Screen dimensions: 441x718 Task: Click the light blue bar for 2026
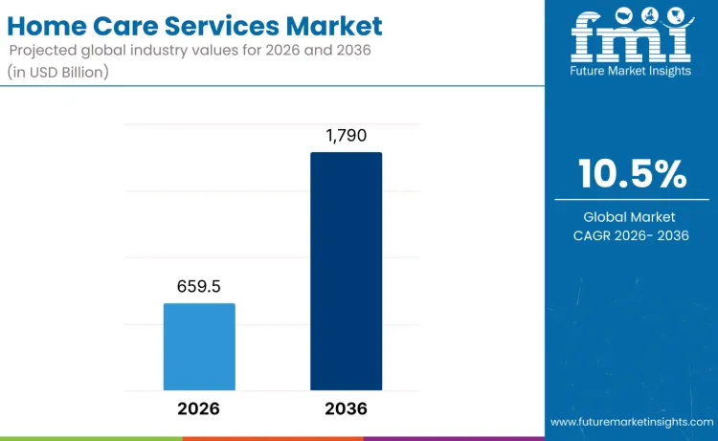tap(199, 346)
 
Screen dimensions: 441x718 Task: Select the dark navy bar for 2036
tap(346, 271)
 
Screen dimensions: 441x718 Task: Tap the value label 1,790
tap(346, 135)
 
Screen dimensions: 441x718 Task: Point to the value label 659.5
tap(199, 286)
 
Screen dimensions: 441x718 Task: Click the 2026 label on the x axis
tap(199, 408)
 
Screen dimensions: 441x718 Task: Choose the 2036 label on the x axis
tap(346, 408)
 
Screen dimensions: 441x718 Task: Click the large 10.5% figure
tap(632, 174)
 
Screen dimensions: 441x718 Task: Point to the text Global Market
tap(631, 217)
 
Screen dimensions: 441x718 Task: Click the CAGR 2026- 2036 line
tap(631, 235)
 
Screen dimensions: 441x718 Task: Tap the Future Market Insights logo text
tap(631, 70)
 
